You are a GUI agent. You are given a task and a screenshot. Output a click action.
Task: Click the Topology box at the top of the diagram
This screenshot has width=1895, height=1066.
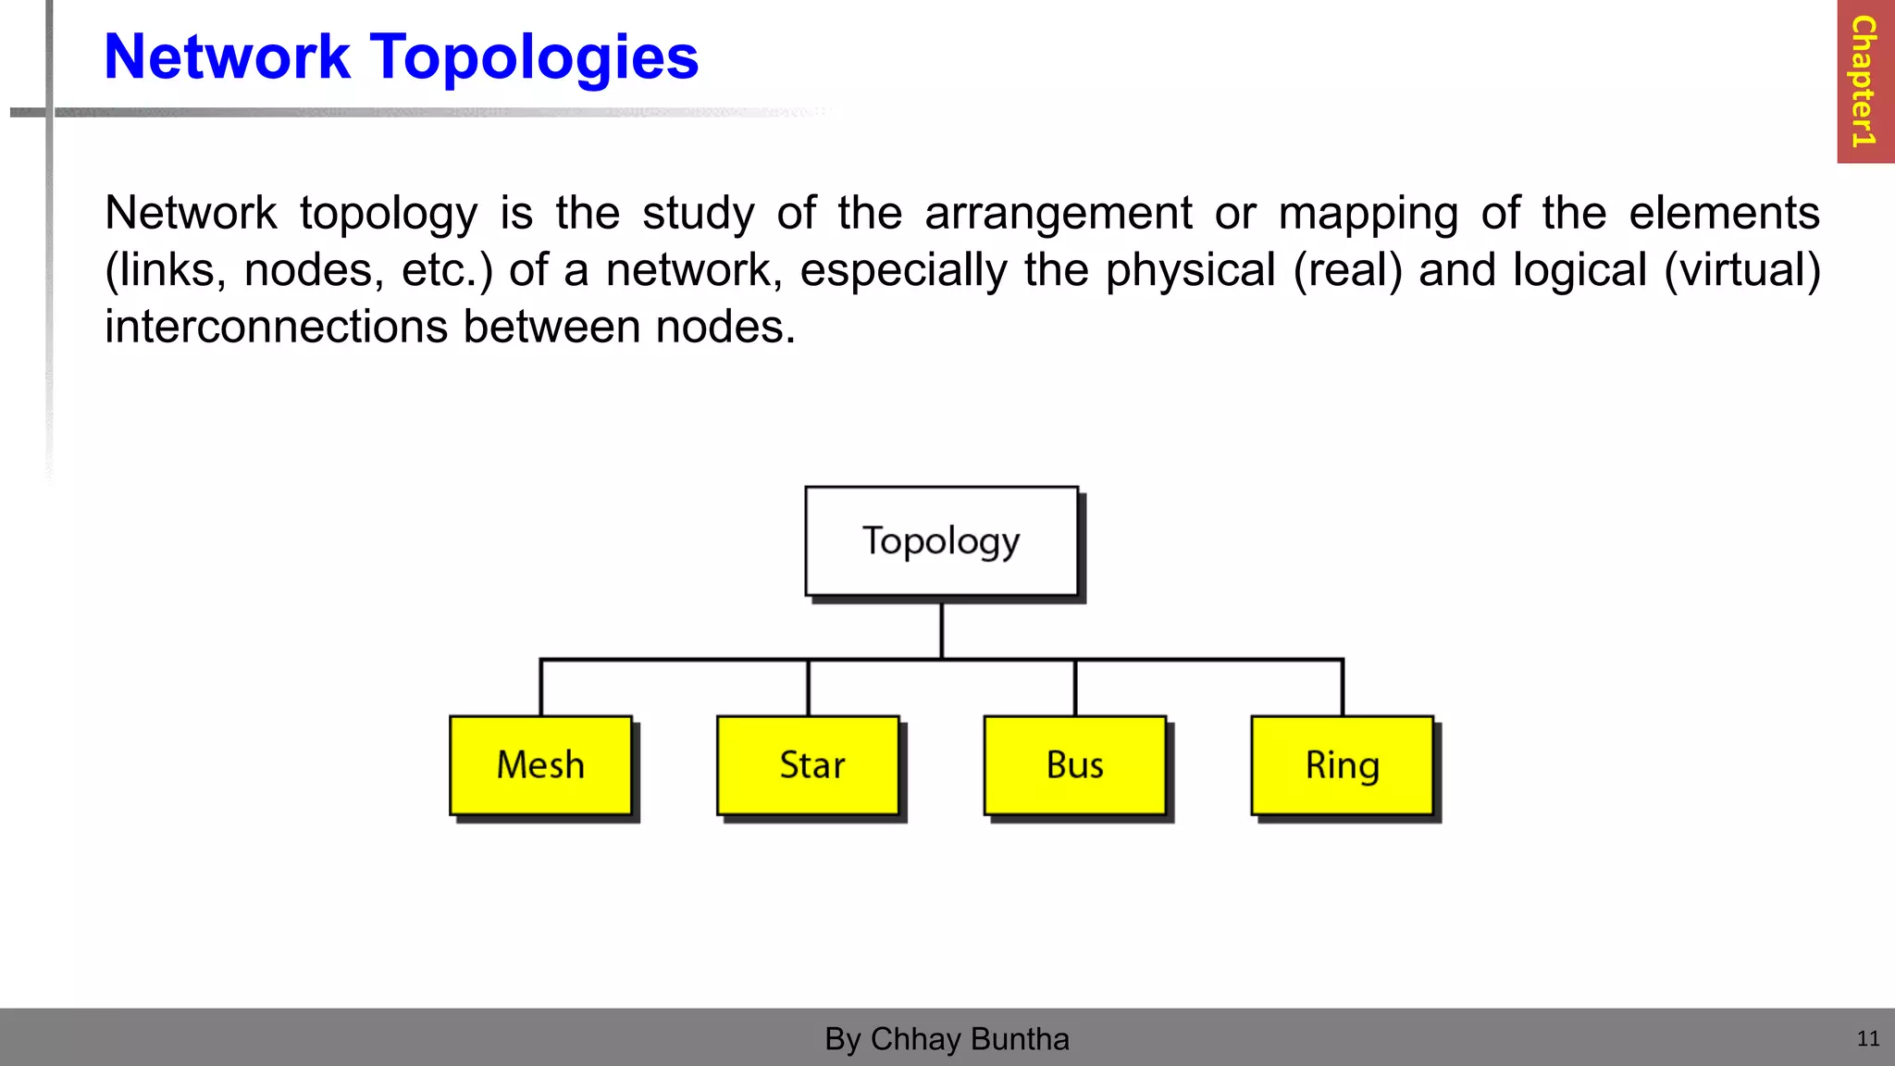(941, 541)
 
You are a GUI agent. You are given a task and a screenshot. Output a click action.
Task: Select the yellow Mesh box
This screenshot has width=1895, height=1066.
(541, 765)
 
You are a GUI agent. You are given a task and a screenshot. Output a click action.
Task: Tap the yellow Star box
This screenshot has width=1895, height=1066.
(809, 765)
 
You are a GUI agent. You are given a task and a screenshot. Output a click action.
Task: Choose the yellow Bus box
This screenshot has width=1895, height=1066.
(1075, 765)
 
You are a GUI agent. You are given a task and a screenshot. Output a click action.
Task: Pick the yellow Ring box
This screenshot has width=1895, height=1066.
(1343, 765)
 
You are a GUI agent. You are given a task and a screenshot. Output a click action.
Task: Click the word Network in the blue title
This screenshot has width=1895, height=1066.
(227, 57)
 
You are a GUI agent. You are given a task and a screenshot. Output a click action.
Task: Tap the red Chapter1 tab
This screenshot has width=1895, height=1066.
(1864, 81)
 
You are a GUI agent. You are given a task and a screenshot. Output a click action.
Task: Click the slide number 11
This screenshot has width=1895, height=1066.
(1867, 1038)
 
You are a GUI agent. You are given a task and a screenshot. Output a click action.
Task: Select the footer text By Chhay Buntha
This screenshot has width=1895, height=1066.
(947, 1039)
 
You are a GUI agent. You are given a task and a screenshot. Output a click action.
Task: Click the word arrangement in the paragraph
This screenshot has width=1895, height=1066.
(1058, 214)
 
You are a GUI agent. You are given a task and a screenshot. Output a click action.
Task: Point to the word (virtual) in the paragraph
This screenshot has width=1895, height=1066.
(1741, 270)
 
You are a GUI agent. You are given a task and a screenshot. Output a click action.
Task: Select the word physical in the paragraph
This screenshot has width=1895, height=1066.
(1190, 270)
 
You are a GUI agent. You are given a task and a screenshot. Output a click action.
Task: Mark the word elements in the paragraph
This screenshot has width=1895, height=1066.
(1724, 214)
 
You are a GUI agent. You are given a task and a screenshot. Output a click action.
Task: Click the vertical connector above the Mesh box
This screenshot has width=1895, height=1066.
(541, 688)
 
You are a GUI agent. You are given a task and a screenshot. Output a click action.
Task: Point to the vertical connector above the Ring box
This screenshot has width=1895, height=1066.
(1343, 688)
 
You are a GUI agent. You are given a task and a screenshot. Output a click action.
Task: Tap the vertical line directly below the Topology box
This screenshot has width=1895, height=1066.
(941, 629)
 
